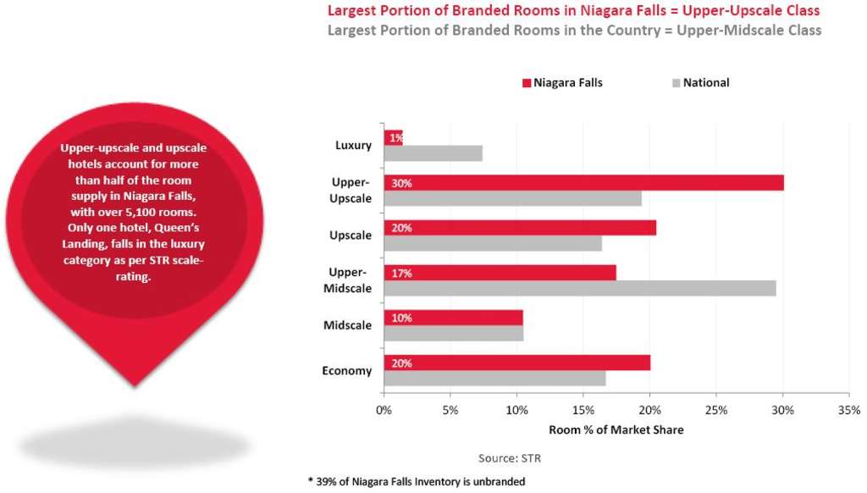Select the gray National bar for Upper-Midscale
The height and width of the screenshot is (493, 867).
[x=580, y=288]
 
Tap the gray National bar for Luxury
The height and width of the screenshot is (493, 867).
[x=433, y=153]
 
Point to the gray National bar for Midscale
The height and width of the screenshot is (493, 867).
[x=453, y=334]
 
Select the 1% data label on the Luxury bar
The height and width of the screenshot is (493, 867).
[x=395, y=137]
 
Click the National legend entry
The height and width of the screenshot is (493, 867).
[x=705, y=83]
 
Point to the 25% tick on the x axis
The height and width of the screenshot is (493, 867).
[x=715, y=411]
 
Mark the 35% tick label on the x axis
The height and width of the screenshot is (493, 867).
[x=848, y=411]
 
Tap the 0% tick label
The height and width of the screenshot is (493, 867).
[x=384, y=411]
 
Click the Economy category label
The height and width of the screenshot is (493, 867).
[x=347, y=371]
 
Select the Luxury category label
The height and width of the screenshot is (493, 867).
[x=353, y=145]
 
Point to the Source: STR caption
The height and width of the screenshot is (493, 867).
[x=510, y=458]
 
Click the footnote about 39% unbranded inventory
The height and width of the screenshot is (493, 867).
[x=416, y=481]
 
